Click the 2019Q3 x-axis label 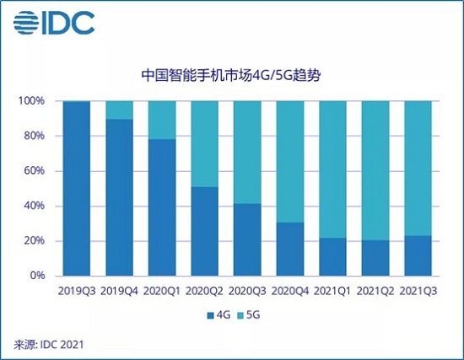point(78,293)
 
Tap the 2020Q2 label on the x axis point(206,293)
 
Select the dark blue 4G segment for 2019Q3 point(78,189)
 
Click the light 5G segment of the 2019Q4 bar point(121,110)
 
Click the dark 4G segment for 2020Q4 point(292,249)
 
